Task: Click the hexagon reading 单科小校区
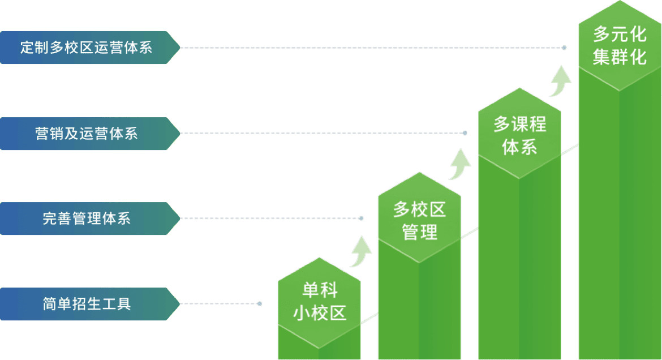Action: coord(319,302)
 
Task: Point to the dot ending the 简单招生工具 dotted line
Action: coord(260,304)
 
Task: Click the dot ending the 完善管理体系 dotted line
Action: coord(362,218)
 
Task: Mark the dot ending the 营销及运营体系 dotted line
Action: coord(465,134)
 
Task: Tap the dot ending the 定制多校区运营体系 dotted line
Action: coord(564,48)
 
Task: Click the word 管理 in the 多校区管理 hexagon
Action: coord(419,232)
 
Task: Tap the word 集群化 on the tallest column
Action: coord(620,57)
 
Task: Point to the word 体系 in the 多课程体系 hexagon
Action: coord(519,148)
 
